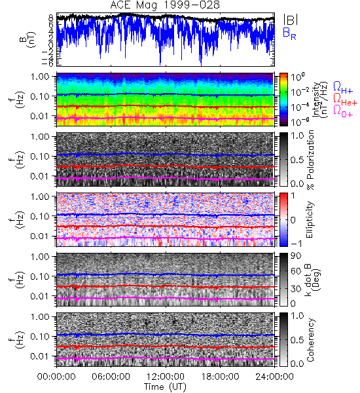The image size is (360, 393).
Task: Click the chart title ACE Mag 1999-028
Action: point(165,5)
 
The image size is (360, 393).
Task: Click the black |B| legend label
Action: point(291,20)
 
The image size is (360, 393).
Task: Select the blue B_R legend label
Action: point(289,34)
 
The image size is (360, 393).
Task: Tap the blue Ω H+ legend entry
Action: point(343,88)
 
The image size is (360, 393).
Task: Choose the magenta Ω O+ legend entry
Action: point(343,111)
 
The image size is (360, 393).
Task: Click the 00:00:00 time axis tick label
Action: point(56,377)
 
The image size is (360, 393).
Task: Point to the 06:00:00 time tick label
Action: point(111,377)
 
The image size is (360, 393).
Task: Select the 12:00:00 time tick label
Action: point(166,377)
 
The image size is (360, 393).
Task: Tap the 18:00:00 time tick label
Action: point(220,377)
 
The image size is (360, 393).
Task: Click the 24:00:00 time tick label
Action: point(274,377)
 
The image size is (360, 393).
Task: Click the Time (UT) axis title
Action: point(166,387)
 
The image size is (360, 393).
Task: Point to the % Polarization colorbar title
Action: point(311,160)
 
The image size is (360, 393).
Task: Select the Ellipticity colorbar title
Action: point(310,219)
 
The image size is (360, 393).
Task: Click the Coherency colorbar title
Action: point(310,340)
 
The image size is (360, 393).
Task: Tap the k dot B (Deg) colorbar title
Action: point(313,280)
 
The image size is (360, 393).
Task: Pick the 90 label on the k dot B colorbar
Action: point(296,256)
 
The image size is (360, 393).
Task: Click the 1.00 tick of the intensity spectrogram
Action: point(41,77)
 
